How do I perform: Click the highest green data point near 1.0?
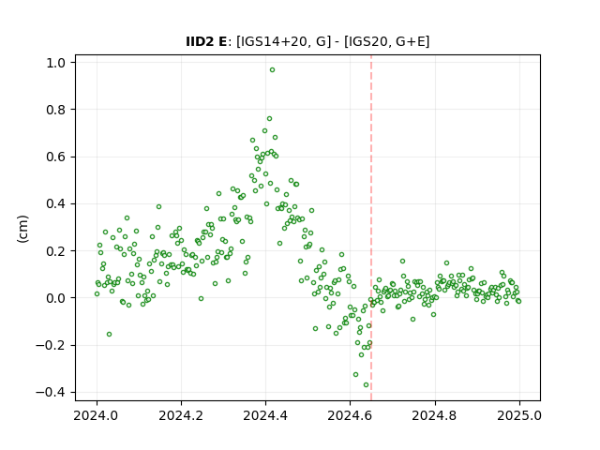tap(272, 70)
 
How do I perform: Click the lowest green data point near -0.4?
tap(366, 385)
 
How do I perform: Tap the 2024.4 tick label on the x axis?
tap(265, 415)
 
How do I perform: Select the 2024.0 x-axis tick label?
tap(97, 415)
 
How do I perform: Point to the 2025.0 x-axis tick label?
tap(519, 415)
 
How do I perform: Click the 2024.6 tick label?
tap(350, 415)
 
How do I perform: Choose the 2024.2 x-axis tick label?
tap(181, 415)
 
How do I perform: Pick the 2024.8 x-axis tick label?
tap(435, 415)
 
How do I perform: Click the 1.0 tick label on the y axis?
tap(56, 63)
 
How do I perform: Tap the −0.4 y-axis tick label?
tap(51, 393)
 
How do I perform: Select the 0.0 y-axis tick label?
tap(56, 298)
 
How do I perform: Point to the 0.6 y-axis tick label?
tap(56, 157)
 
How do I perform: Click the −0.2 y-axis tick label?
tap(51, 346)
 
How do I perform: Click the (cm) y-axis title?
tap(22, 229)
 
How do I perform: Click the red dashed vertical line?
tap(371, 228)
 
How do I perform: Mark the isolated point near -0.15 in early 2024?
tap(109, 334)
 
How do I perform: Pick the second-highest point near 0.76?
tap(269, 119)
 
